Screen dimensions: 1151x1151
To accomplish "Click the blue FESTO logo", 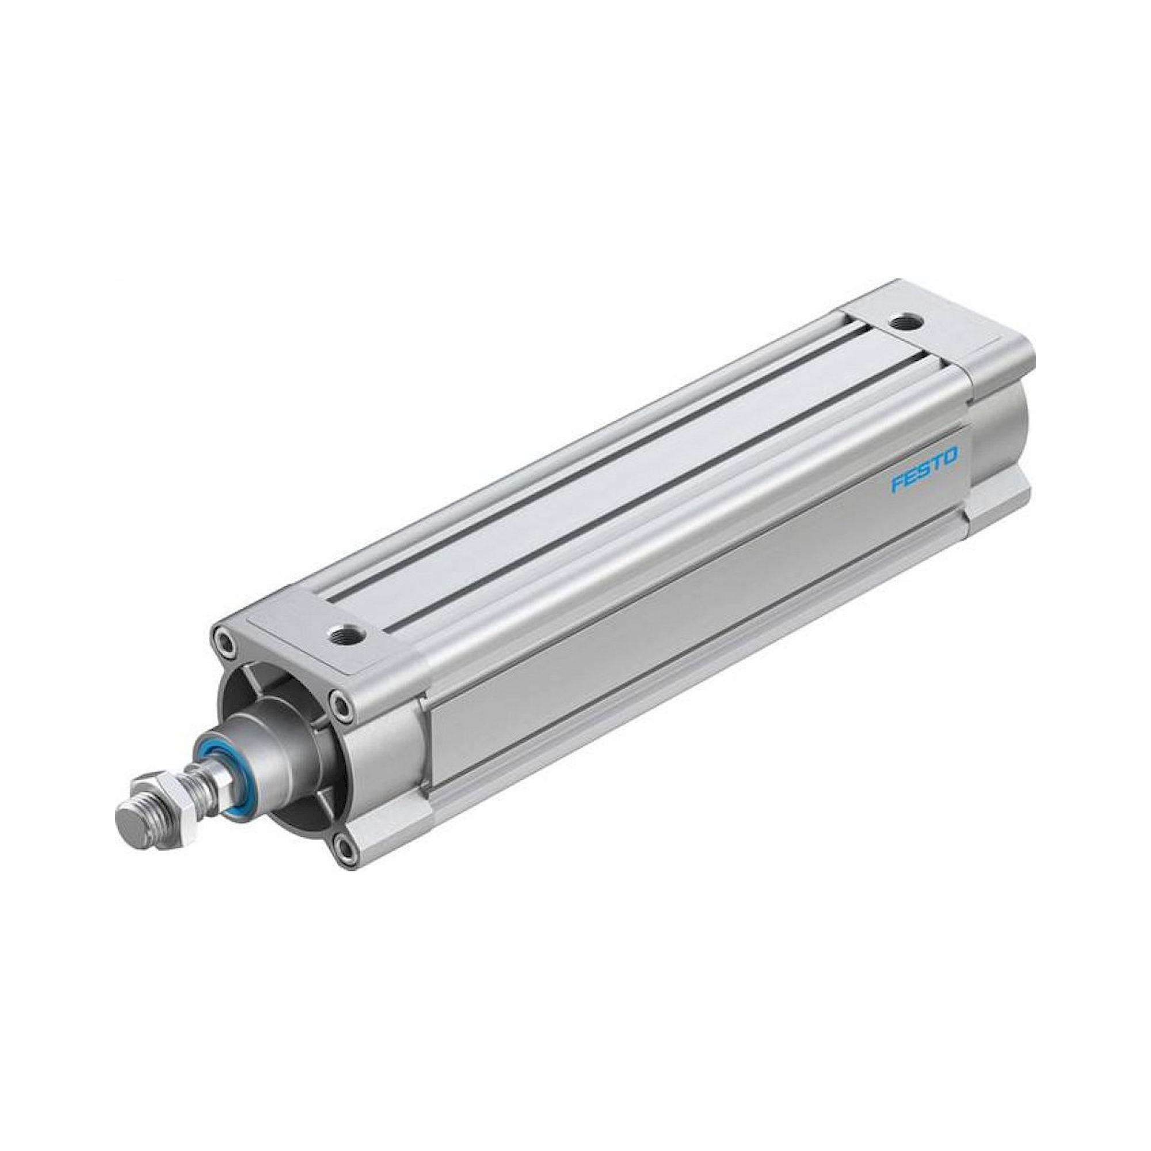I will click(924, 460).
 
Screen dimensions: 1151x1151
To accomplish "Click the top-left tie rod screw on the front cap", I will click(223, 642).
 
